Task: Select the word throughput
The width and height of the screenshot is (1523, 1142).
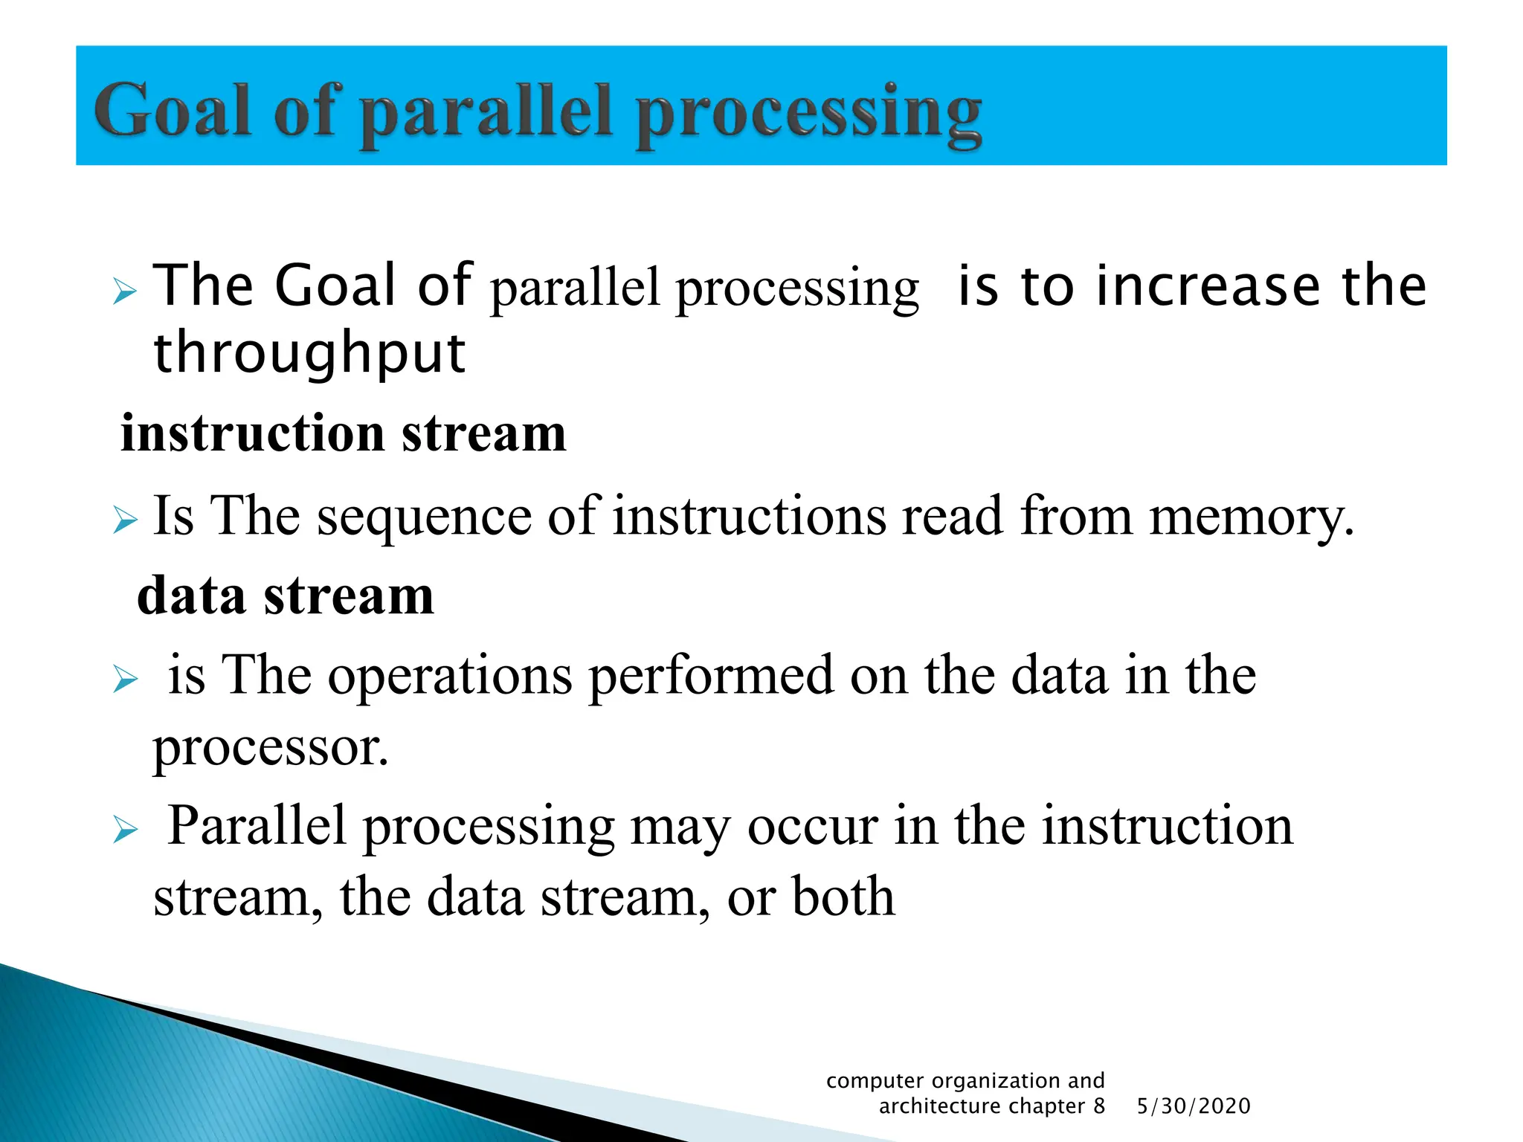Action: (309, 354)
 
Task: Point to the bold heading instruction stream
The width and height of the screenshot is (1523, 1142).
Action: (343, 433)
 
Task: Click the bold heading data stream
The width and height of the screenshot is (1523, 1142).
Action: (286, 596)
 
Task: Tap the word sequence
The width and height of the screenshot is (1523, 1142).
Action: (424, 517)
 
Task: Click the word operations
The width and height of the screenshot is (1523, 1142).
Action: (450, 675)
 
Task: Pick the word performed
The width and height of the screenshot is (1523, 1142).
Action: (711, 675)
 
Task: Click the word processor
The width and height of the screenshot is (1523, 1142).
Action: (271, 748)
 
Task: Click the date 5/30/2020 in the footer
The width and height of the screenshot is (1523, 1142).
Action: (1194, 1106)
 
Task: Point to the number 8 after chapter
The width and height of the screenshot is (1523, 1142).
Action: (1098, 1106)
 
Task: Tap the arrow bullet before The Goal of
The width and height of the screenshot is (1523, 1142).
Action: (125, 291)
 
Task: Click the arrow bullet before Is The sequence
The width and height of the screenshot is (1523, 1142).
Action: (125, 520)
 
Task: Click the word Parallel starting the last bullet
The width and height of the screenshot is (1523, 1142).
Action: (257, 826)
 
